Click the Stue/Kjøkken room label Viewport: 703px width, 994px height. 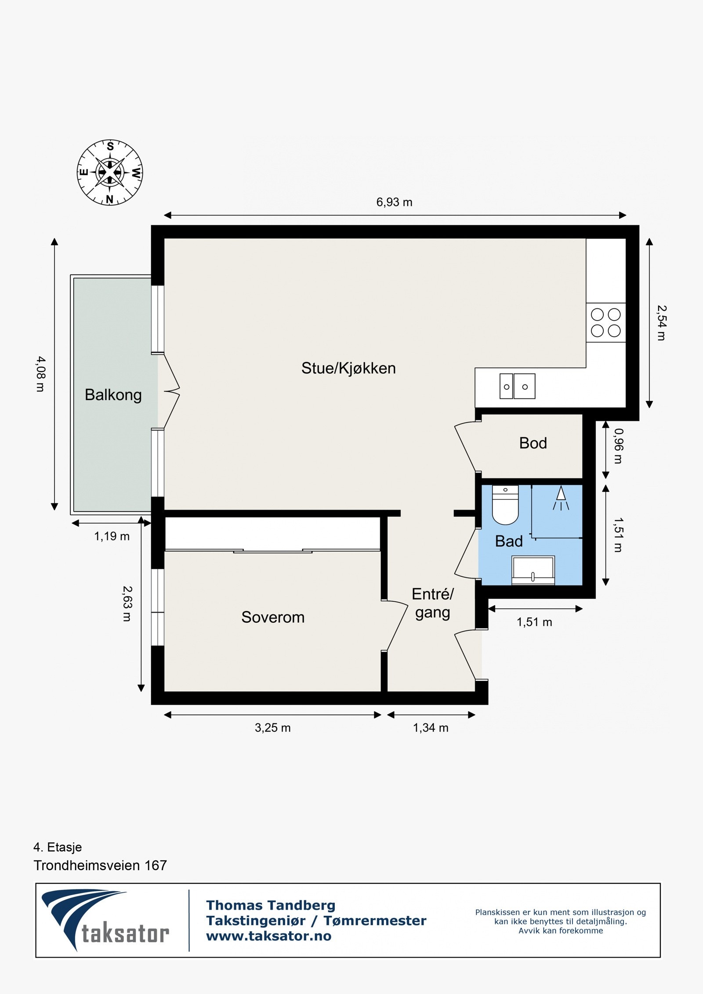[348, 368]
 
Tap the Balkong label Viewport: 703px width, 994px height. [113, 395]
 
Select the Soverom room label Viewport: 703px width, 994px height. [273, 617]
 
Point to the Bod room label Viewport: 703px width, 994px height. [533, 443]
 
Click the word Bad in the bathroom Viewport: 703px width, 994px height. [509, 541]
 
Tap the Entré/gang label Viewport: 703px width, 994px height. [432, 604]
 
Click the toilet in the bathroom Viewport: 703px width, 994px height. [505, 505]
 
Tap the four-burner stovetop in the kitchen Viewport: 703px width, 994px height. [605, 322]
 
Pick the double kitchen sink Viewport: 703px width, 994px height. [517, 387]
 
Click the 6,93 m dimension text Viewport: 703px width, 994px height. [394, 202]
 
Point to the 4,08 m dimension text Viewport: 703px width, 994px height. [40, 374]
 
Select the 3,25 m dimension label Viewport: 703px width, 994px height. [272, 728]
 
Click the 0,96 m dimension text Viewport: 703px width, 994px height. [618, 446]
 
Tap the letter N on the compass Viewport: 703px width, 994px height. [110, 199]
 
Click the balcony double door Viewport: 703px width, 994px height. [169, 391]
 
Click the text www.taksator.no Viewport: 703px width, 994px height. [268, 936]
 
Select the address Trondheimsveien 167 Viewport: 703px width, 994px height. [100, 865]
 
